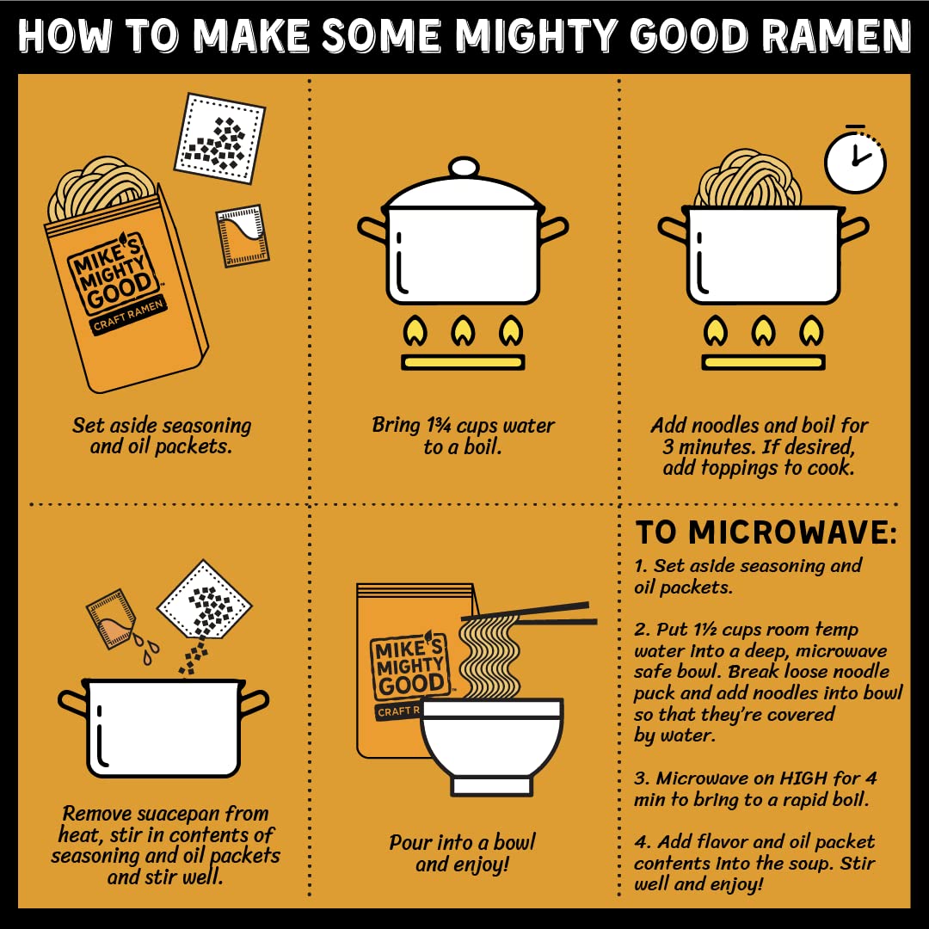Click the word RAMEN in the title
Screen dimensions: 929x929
(836, 35)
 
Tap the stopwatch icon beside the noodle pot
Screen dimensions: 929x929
(855, 158)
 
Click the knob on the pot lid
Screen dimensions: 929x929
(464, 167)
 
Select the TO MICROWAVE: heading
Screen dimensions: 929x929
(766, 532)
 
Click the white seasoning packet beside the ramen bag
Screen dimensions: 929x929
(220, 138)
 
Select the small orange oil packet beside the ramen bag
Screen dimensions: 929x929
(243, 236)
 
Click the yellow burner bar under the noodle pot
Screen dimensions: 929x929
(763, 362)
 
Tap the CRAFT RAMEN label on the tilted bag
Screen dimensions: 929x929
(128, 316)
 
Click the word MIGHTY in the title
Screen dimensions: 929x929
(536, 35)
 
